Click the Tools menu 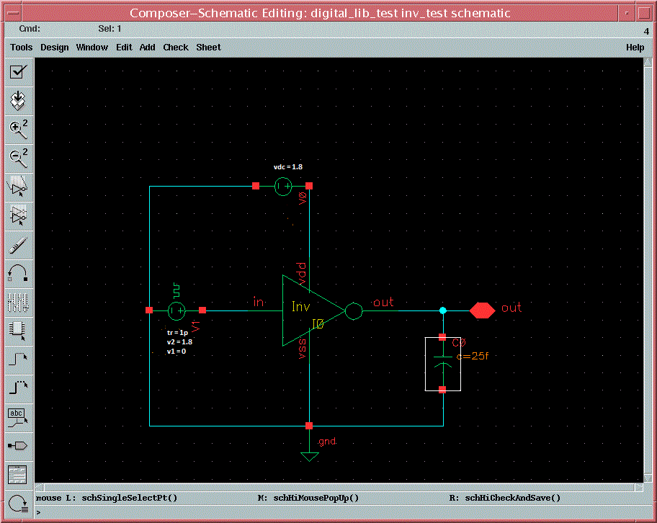[x=22, y=48]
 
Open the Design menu [x=55, y=48]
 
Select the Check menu [x=176, y=48]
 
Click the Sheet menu [x=208, y=48]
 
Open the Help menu [x=635, y=48]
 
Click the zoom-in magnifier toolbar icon [x=18, y=129]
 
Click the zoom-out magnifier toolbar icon [x=18, y=158]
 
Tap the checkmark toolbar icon [x=18, y=71]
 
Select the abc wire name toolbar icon [x=17, y=418]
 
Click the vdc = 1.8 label [x=288, y=167]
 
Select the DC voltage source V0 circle [x=283, y=187]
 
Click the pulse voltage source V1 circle [x=176, y=310]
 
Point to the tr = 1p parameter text [x=177, y=332]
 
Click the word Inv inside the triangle [x=301, y=307]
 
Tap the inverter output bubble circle [x=354, y=311]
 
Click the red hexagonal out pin [x=482, y=310]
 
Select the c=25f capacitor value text [x=473, y=356]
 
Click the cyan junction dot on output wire [x=443, y=310]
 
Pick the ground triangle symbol [x=309, y=457]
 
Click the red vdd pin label [x=301, y=274]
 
